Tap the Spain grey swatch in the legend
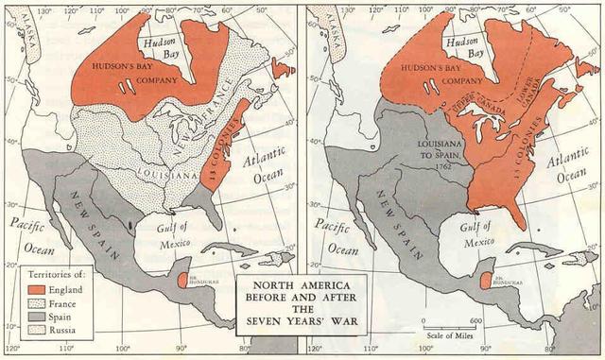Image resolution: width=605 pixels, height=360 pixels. click(35, 318)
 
